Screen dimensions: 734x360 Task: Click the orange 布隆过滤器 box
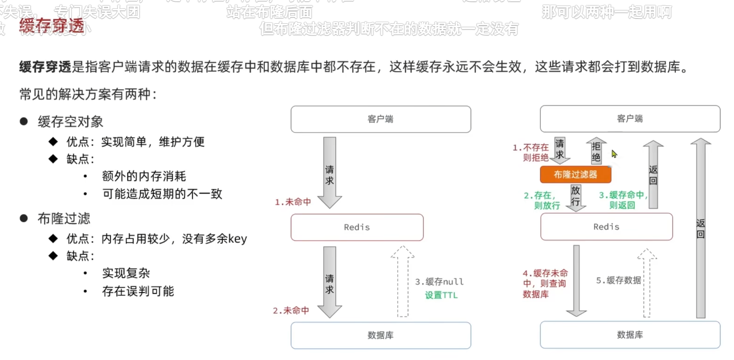coord(575,175)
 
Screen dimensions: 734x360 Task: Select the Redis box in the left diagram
coord(357,227)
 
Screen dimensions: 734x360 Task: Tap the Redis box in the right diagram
coord(606,227)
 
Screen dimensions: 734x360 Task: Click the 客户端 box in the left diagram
coord(380,119)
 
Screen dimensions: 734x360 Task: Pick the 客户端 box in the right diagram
coord(630,119)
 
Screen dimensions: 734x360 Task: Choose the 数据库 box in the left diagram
coord(380,335)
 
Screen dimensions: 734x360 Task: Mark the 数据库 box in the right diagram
coord(630,335)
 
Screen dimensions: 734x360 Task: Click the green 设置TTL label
coord(441,295)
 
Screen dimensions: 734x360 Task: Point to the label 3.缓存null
coord(439,282)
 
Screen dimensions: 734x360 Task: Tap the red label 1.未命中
coord(293,202)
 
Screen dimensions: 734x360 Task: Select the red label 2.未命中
coord(291,311)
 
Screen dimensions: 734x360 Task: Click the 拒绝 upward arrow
coord(596,152)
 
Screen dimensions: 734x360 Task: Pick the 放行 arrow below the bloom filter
coord(575,198)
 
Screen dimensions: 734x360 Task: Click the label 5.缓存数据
coord(618,280)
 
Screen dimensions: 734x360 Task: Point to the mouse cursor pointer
coord(614,153)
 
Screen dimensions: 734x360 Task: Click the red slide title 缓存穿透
coord(52,26)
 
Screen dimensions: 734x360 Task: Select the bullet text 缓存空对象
coord(71,122)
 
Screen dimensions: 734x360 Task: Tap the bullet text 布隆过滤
coord(64,219)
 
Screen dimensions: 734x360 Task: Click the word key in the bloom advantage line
coord(238,239)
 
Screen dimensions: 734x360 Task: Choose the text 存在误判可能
coord(138,291)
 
